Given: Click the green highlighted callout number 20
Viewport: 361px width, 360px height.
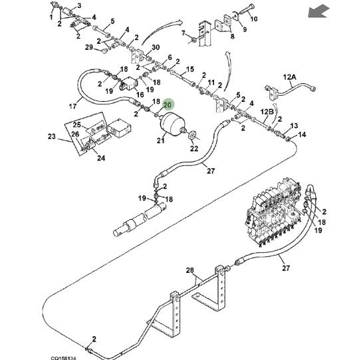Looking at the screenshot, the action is click(168, 105).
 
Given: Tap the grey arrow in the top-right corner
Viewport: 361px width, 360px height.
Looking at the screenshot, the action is click(319, 12).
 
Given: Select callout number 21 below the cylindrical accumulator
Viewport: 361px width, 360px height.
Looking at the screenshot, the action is click(160, 140).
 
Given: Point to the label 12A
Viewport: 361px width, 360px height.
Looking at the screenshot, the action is click(289, 77).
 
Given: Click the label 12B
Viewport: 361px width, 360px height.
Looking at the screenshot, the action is click(267, 112).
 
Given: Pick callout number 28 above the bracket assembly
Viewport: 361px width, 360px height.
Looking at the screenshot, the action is click(190, 270).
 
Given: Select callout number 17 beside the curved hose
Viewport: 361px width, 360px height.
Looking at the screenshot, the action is click(72, 106).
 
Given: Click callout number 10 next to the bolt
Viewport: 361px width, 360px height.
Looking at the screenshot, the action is click(254, 19).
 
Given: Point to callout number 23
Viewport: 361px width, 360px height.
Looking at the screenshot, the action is click(52, 136).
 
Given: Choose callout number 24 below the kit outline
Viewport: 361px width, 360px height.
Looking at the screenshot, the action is click(101, 158).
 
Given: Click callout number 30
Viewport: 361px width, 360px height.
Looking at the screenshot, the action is click(156, 47).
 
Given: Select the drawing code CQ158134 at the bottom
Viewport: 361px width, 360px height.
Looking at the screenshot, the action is click(63, 358).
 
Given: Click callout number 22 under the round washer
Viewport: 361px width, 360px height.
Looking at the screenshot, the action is click(194, 148).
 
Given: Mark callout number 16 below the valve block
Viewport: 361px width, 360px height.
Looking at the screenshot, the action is click(140, 94).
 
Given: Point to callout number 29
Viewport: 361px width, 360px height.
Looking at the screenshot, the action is click(89, 47).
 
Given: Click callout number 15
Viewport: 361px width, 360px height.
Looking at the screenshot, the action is click(190, 69).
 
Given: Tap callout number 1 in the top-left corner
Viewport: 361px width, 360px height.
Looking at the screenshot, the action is click(51, 17).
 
